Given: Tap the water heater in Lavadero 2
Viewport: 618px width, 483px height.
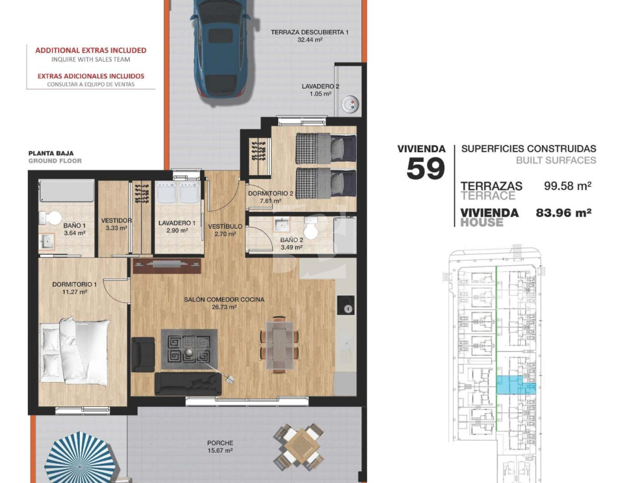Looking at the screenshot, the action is pos(350,105).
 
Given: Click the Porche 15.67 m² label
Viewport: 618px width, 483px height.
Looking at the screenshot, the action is pos(220,447).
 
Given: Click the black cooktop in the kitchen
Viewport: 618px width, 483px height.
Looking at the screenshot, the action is pos(346,305).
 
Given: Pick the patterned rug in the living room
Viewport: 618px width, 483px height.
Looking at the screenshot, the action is pos(189,350).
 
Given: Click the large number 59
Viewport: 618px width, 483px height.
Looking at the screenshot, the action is pos(425,169).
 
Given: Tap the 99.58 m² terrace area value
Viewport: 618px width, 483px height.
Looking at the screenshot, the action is pos(567,185).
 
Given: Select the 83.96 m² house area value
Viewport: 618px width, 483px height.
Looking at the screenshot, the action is pos(564,213).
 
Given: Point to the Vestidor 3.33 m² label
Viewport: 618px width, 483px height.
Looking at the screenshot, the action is pos(116,224).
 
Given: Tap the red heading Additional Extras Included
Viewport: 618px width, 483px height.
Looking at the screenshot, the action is pos(91,50).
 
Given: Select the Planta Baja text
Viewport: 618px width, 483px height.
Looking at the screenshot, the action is pos(51,153).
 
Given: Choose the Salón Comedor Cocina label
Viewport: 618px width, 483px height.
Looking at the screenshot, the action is pos(224,299).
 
